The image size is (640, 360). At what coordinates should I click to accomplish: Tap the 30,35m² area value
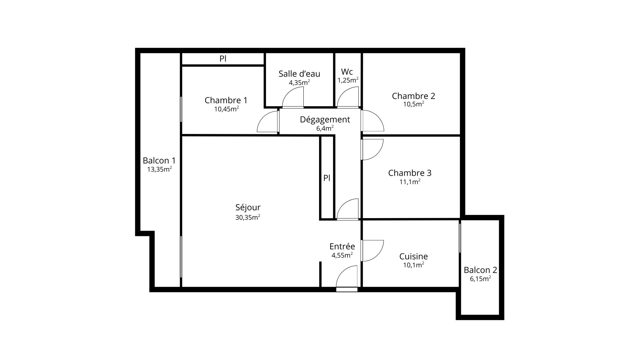[248, 217]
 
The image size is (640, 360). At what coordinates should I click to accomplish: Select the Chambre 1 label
[226, 100]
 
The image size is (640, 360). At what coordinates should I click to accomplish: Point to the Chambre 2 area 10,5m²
[413, 104]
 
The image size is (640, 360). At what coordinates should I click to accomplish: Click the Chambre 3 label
[410, 173]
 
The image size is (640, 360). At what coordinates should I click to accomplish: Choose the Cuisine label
[413, 257]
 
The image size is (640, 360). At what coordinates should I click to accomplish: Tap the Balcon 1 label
[159, 161]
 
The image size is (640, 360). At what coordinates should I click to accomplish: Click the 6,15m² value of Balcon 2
[480, 278]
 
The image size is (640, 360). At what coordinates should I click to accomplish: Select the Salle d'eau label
[299, 74]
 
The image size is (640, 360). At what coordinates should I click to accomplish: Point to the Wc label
[347, 72]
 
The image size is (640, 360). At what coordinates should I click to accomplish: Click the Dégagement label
[325, 120]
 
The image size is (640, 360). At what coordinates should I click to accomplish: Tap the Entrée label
[342, 247]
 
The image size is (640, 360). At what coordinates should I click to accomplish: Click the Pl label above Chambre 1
[223, 58]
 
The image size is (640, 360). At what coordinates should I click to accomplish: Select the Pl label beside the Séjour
[327, 178]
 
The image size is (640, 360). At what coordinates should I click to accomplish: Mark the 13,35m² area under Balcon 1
[159, 169]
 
